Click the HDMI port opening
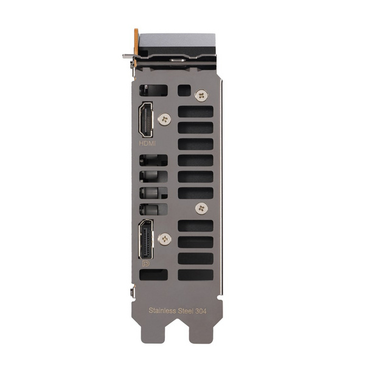coord(146,120)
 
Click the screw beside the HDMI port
coord(162,120)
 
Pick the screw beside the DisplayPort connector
coord(162,240)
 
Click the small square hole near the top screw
coord(184,90)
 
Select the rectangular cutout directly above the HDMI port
coord(153,90)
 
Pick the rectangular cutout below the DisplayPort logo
coord(153,275)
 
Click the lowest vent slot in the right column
coord(195,274)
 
